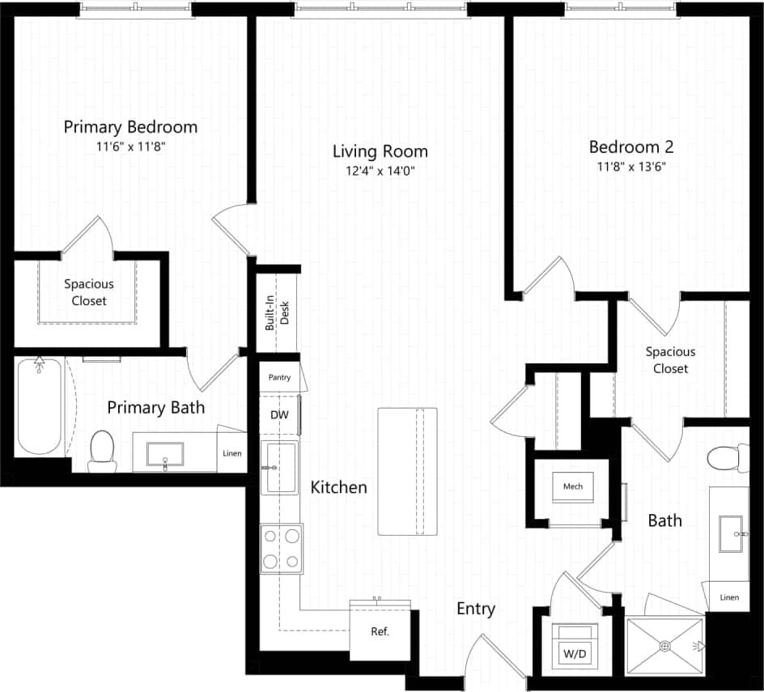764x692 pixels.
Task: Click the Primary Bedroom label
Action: [130, 127]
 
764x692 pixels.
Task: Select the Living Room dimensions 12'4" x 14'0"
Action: [380, 171]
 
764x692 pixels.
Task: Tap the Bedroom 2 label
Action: [631, 147]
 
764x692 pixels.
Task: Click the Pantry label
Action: [279, 377]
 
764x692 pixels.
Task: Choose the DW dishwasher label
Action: [279, 414]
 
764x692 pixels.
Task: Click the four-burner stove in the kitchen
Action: [281, 549]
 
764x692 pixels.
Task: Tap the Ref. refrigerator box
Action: [380, 631]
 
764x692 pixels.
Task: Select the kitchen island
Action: [408, 471]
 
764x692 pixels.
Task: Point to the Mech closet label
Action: [573, 486]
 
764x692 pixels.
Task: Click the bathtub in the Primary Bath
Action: [40, 407]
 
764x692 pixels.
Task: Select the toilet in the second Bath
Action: [728, 458]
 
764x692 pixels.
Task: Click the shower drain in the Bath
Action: [665, 645]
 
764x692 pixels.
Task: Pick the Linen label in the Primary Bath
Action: [231, 453]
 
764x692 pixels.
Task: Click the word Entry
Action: [476, 609]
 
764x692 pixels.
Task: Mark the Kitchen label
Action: [339, 487]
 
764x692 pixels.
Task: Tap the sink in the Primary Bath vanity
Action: [164, 455]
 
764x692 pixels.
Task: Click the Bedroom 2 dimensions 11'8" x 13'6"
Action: [631, 168]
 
